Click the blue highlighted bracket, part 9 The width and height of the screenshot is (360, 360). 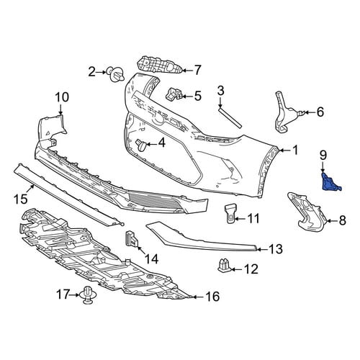click(x=330, y=182)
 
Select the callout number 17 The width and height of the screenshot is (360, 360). click(x=63, y=294)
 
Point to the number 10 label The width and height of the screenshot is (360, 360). click(x=62, y=97)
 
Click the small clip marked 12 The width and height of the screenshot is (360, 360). click(x=225, y=266)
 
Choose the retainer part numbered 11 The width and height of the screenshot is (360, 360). click(x=230, y=212)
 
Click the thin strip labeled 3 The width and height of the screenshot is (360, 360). click(x=230, y=118)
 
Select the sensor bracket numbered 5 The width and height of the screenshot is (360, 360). click(x=174, y=94)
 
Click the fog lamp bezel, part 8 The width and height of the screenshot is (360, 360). click(x=307, y=212)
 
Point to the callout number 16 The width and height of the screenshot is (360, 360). click(x=212, y=296)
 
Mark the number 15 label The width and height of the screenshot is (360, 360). click(x=20, y=199)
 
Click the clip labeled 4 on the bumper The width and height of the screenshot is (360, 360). click(x=141, y=145)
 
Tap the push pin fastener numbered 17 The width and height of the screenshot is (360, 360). click(x=86, y=295)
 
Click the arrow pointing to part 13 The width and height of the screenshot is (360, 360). click(x=262, y=249)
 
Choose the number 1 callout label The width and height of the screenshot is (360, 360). click(x=295, y=150)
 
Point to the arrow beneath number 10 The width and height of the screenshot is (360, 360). click(x=60, y=109)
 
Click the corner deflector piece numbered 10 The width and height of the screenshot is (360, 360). click(x=52, y=128)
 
